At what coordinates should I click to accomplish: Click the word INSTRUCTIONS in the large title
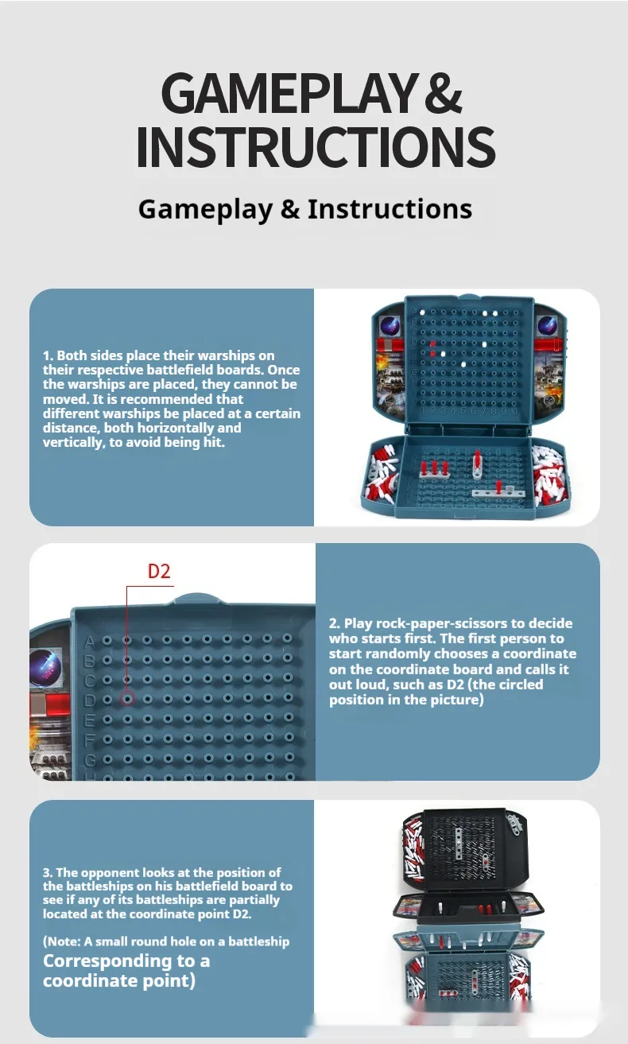316,146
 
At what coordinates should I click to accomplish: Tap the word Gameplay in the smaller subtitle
205,209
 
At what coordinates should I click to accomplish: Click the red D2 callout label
159,572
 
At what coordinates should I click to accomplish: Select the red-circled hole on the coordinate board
127,698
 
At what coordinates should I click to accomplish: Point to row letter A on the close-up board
90,642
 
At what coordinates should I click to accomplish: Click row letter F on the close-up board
90,739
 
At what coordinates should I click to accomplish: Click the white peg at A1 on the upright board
422,312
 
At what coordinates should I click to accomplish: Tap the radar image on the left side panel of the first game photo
390,324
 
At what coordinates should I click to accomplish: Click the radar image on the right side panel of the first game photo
547,324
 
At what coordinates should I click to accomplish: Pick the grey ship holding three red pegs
435,470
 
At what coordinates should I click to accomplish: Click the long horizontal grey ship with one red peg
498,491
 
